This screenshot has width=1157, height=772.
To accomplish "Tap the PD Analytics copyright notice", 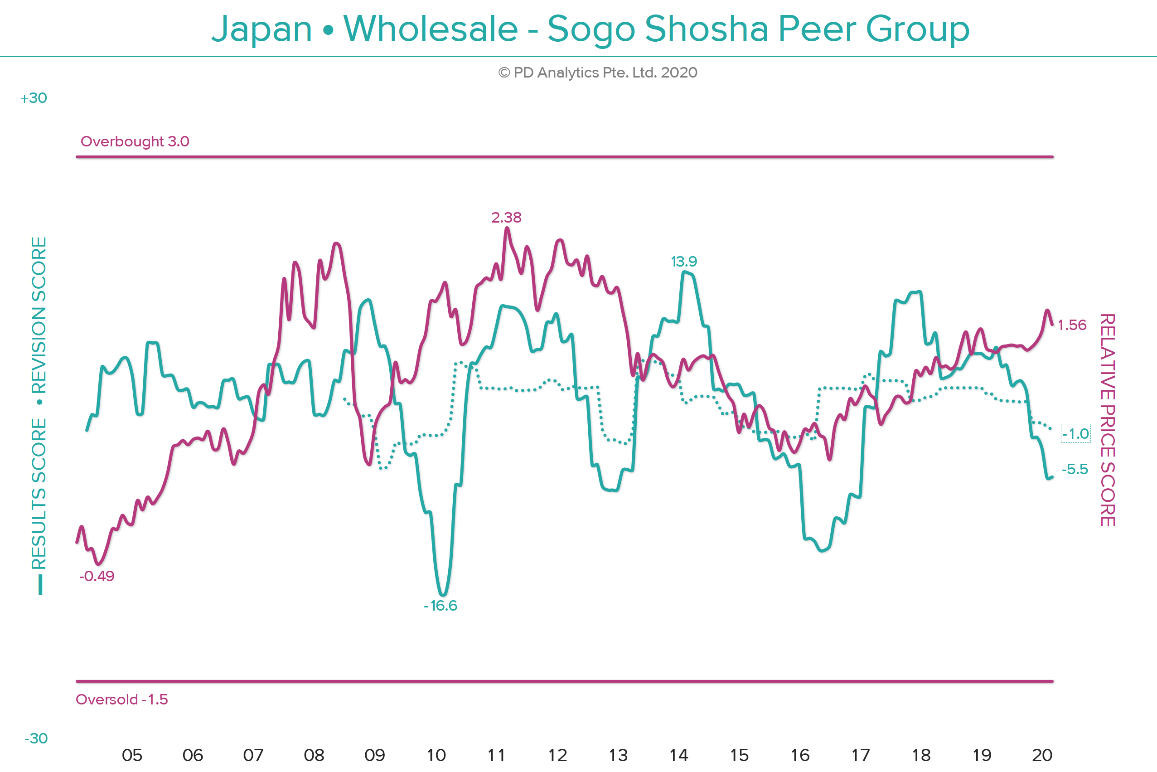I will coord(597,73).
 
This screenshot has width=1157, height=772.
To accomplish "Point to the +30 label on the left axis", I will coord(34,98).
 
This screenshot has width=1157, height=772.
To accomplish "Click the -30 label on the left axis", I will coord(36,738).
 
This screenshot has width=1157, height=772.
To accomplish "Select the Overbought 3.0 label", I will coord(135,141).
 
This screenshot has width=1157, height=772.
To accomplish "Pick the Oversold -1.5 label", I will coord(121,699).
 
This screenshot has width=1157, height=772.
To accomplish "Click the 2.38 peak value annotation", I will coord(506,217).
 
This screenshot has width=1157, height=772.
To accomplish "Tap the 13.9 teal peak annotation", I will coord(683,262).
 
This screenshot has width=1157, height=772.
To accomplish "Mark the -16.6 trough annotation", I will coord(441,605).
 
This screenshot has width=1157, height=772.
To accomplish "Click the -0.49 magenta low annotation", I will coord(97,576).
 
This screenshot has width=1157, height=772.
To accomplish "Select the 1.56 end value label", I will coord(1072,325).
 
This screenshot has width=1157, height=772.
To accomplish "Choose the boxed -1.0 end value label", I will coord(1075,434).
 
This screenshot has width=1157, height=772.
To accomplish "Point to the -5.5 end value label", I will coord(1075,469).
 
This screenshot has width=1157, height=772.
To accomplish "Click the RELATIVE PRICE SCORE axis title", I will coord(1107,420).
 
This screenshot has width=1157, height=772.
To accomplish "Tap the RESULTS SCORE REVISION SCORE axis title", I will coord(39,404).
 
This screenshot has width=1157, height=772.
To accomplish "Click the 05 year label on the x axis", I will coord(132,755).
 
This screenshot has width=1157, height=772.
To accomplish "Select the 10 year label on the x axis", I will coord(436,755).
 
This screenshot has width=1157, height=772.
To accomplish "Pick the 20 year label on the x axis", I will coord(1042,755).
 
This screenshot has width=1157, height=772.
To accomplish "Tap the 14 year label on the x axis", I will coord(678,755).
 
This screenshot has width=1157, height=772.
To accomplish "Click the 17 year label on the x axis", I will coord(860,755).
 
